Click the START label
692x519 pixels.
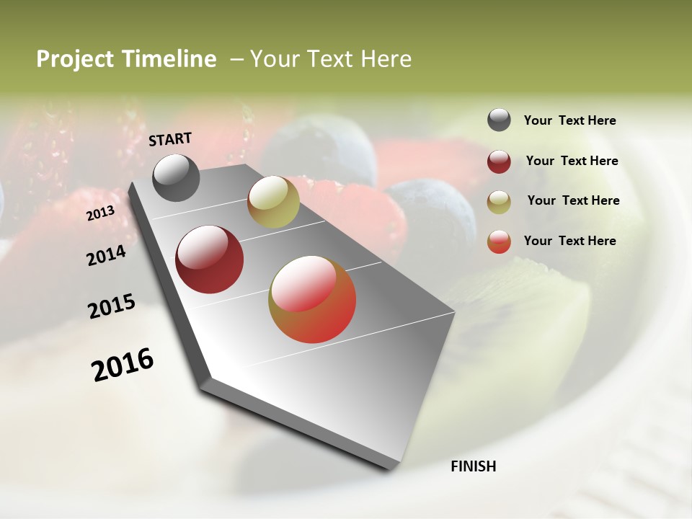point(170,139)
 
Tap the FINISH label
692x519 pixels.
point(473,466)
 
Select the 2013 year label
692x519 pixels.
point(101,213)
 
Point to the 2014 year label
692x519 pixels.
point(106,255)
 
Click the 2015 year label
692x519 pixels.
point(112,306)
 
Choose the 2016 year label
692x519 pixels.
point(123,364)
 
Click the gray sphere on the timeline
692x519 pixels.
point(177,177)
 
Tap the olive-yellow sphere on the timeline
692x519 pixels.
point(273,202)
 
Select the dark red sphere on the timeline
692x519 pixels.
point(210,259)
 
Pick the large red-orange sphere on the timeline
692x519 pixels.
point(312,299)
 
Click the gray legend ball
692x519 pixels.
point(499,120)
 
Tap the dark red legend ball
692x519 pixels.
point(499,161)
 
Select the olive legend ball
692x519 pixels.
point(499,202)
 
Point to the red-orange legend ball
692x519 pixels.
point(499,241)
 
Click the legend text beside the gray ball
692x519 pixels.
point(569,121)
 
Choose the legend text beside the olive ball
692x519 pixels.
point(573,200)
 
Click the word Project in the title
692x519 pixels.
point(75,59)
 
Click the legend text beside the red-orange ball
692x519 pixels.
point(569,241)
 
